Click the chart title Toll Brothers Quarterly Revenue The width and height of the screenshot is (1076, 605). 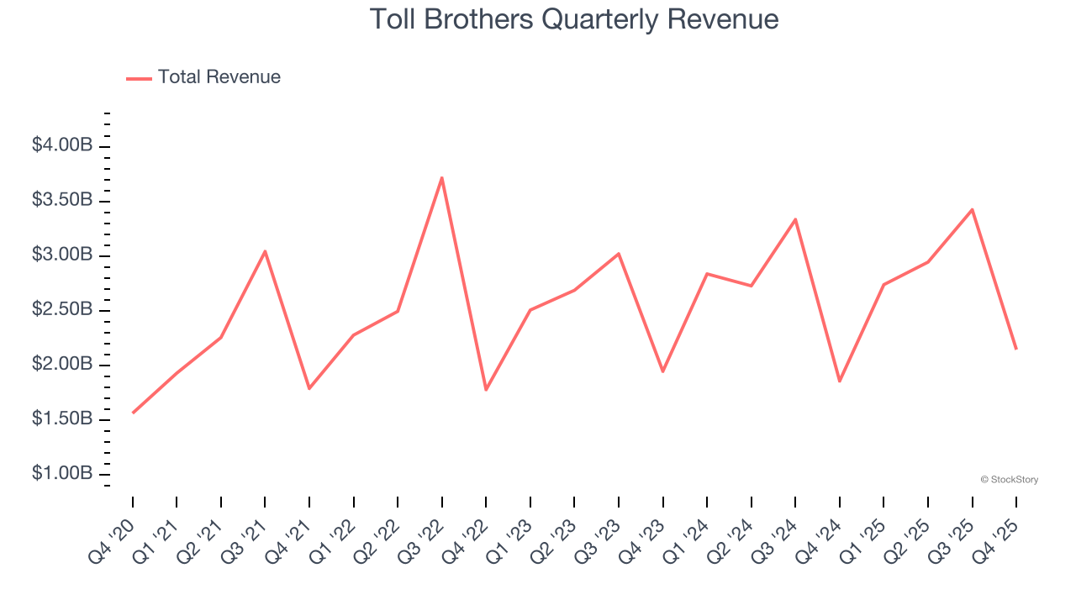(x=574, y=18)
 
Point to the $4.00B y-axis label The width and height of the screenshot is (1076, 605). (x=62, y=145)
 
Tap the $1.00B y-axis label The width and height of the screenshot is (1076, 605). (x=62, y=474)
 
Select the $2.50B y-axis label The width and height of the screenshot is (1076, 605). (x=62, y=310)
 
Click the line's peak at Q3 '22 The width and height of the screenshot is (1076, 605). (x=442, y=177)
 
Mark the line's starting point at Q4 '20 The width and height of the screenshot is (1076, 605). (x=133, y=413)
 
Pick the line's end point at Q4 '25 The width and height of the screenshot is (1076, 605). (x=1016, y=349)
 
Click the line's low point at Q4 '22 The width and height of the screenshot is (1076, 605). (x=486, y=390)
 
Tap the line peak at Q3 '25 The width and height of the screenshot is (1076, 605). (x=973, y=209)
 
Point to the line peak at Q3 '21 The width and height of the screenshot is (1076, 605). (x=265, y=251)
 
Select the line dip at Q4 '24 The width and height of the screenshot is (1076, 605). (x=840, y=381)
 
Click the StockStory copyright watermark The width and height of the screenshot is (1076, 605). (x=1009, y=480)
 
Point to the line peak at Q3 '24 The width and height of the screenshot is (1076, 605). (x=795, y=219)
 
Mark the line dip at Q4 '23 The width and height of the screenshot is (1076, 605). (x=663, y=371)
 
